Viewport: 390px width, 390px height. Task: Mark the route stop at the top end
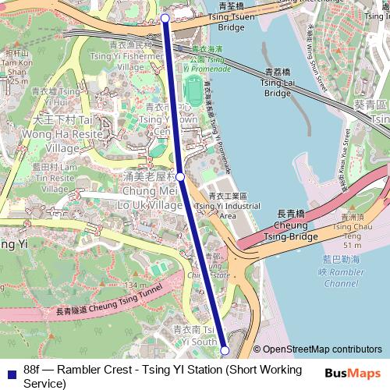click(x=165, y=17)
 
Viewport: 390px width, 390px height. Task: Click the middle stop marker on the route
click(x=180, y=177)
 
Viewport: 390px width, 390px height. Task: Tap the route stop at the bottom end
click(x=225, y=349)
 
